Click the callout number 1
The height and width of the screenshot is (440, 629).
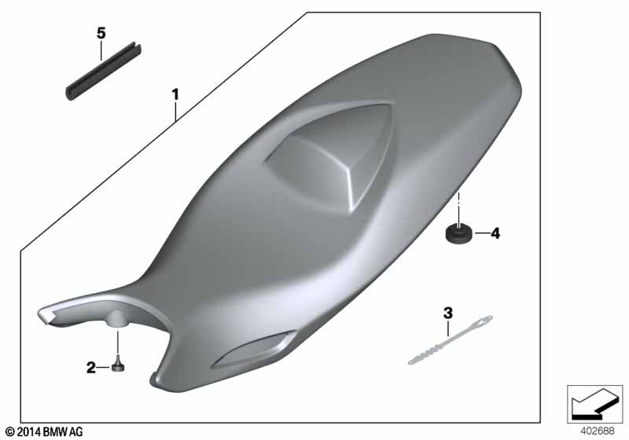[x=175, y=95]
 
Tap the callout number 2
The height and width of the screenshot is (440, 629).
[x=91, y=367]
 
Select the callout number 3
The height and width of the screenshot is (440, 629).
[x=447, y=313]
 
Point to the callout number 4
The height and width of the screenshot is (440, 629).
[x=495, y=233]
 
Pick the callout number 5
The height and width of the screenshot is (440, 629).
[x=101, y=33]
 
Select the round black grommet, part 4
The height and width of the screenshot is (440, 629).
[x=458, y=233]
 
